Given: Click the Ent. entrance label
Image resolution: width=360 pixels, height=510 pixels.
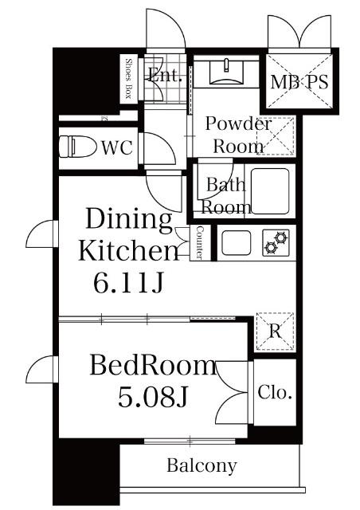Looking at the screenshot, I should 165,76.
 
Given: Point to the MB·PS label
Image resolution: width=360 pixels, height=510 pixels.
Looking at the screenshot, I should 299,81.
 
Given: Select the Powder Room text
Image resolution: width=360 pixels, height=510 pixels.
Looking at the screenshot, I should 238,135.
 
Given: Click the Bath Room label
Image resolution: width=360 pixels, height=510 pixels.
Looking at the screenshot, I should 226,196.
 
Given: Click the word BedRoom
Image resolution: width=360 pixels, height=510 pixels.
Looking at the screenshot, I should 152,366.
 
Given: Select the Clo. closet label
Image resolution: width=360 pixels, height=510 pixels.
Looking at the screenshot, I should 276,393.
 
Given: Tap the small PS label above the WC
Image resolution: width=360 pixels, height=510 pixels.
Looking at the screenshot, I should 104,120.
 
